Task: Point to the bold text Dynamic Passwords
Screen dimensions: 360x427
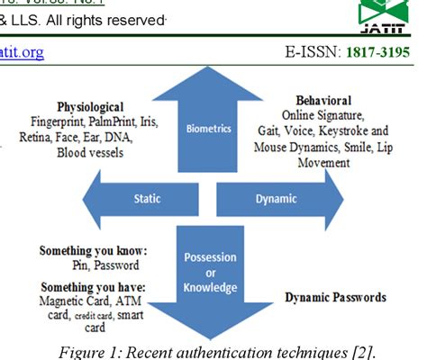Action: coord(336,297)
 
